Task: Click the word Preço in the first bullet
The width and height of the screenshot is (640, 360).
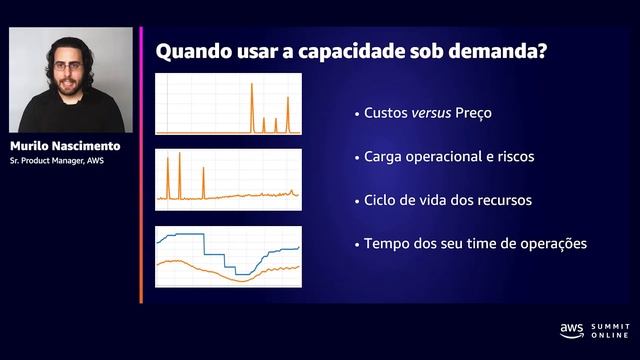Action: click(476, 114)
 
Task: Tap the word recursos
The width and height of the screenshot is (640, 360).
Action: click(500, 200)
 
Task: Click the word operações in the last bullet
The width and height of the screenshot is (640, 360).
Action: click(549, 243)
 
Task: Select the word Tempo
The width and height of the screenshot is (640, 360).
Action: click(387, 243)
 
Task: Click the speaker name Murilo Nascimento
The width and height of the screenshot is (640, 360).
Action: click(71, 146)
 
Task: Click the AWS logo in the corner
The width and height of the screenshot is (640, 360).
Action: click(571, 329)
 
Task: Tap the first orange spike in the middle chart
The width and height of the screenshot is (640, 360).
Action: click(166, 175)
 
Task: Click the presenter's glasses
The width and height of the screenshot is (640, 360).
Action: click(67, 69)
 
